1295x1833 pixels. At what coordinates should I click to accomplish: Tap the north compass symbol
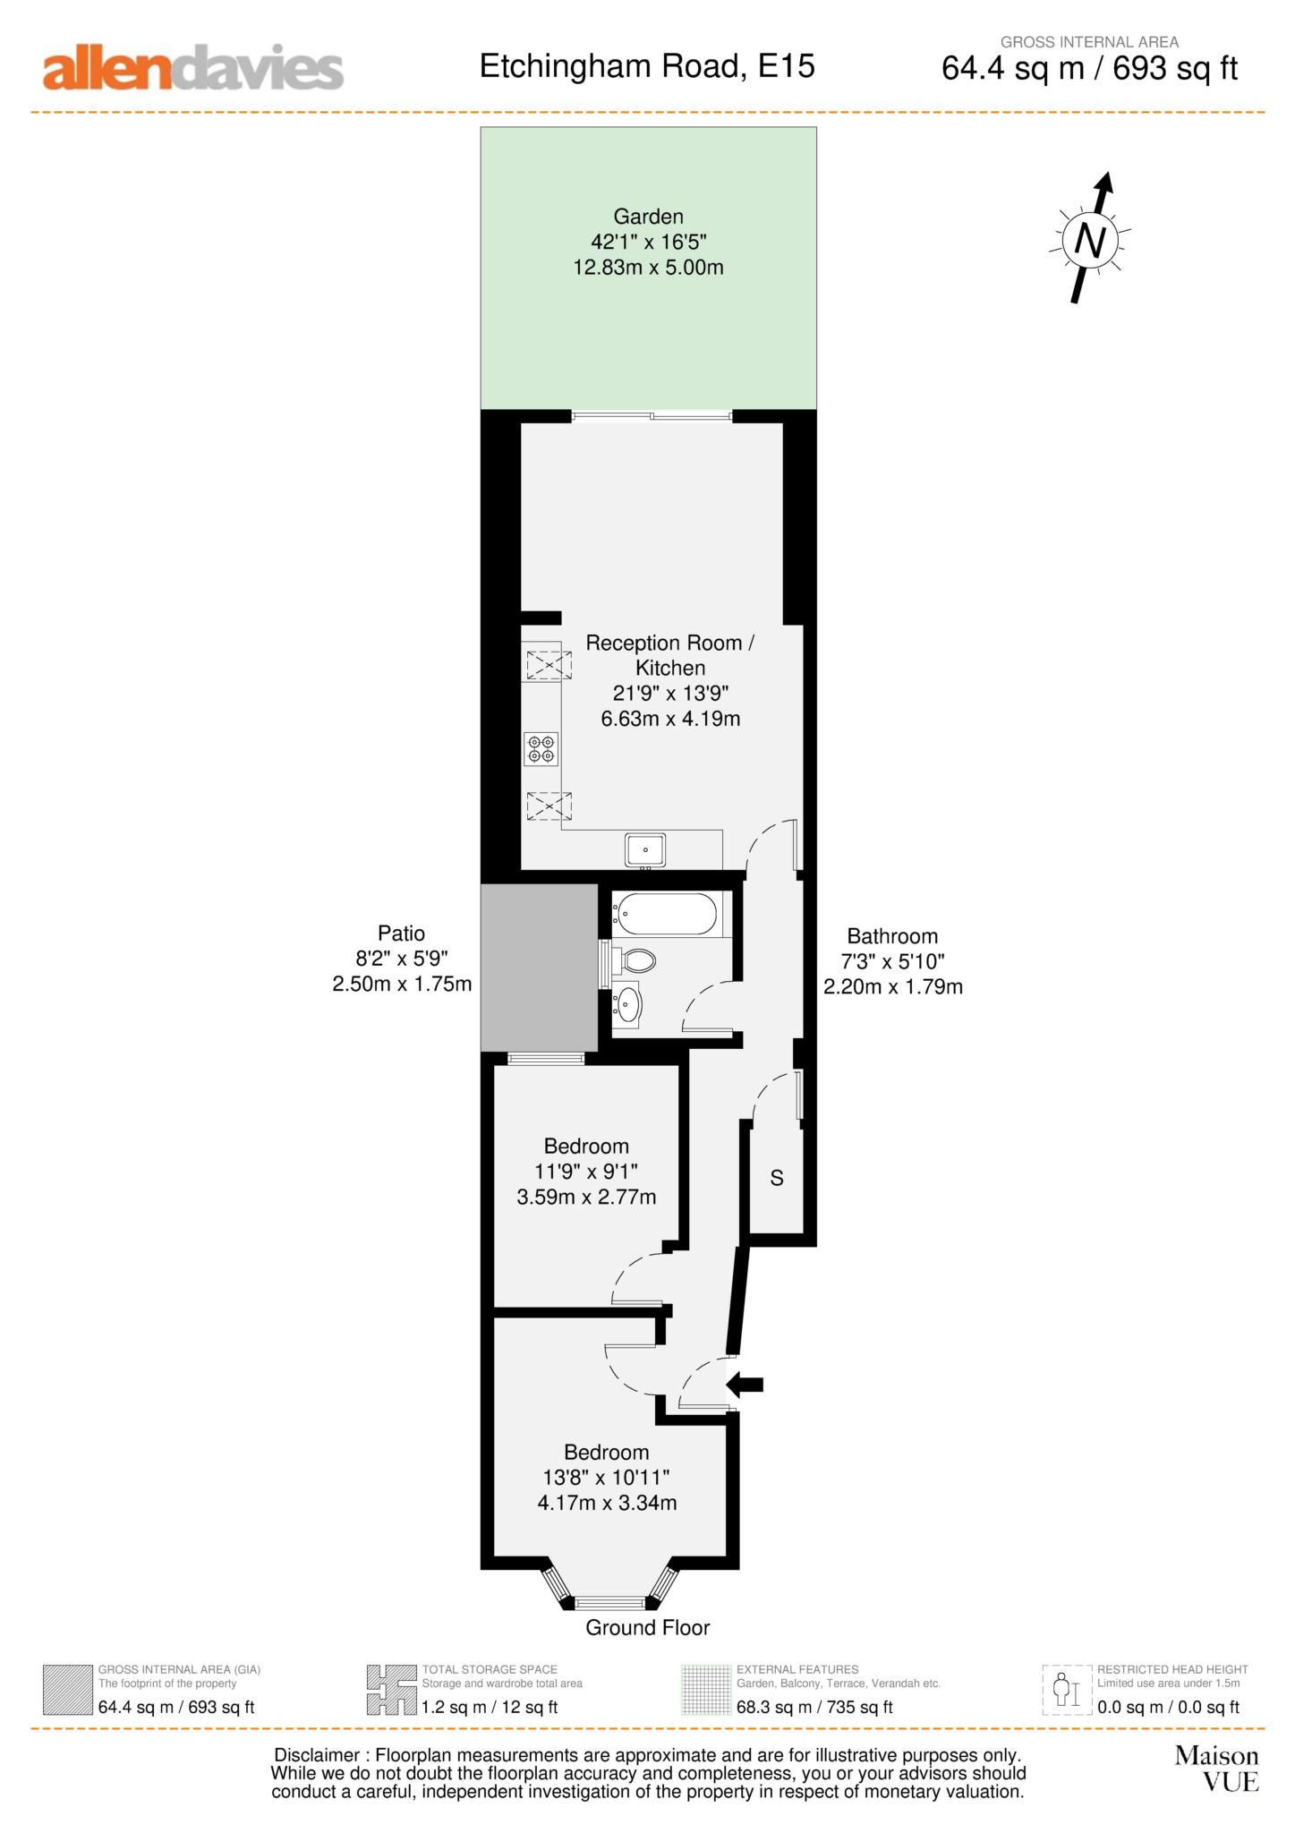tap(1091, 238)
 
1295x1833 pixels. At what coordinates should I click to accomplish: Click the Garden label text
tap(648, 217)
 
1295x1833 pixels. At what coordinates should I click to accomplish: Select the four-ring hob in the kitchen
tap(541, 749)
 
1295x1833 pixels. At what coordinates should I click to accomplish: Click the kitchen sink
tap(644, 849)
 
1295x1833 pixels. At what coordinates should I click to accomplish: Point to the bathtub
tap(664, 915)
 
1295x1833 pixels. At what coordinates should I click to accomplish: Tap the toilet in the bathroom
tap(634, 961)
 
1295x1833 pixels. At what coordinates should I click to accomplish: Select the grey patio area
tap(540, 968)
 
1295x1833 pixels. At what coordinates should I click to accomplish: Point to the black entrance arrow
tap(745, 1385)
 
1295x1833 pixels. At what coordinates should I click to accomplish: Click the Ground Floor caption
tap(648, 1628)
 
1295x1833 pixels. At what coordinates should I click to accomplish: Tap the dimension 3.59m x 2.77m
tap(586, 1197)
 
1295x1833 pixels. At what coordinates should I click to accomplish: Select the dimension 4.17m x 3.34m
tap(607, 1503)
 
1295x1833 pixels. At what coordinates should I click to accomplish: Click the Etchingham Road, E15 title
tap(647, 67)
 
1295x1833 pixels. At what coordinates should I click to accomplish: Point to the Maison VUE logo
tap(1217, 1769)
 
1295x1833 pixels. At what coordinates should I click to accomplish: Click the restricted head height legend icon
tap(1067, 1690)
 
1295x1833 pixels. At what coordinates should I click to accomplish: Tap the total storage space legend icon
tap(391, 1690)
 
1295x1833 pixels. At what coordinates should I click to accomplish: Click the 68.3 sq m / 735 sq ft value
tap(814, 1707)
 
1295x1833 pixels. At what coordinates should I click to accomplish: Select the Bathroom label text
tap(892, 936)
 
